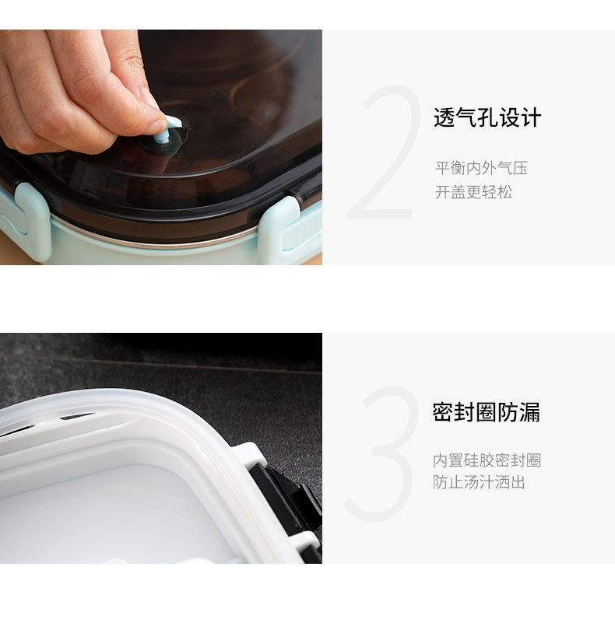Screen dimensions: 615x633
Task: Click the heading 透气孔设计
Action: (x=487, y=118)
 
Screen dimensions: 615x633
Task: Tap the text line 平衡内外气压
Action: (x=482, y=168)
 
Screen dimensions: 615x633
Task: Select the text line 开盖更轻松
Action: (x=473, y=192)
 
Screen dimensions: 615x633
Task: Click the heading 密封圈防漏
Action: (x=486, y=412)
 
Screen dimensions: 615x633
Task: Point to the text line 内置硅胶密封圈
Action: (x=487, y=460)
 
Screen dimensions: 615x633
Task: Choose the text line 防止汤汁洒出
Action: (x=479, y=482)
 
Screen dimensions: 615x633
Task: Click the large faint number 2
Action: (x=383, y=152)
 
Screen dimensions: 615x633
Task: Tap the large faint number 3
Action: (x=382, y=453)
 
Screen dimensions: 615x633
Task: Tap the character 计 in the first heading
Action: (x=531, y=118)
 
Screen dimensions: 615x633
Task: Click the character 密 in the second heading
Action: (x=443, y=412)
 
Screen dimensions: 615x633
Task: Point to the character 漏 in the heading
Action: (x=529, y=412)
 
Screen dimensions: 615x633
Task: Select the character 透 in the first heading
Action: (x=444, y=118)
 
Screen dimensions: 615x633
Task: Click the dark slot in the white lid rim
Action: (x=77, y=416)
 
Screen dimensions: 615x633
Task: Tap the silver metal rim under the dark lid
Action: (x=153, y=241)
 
